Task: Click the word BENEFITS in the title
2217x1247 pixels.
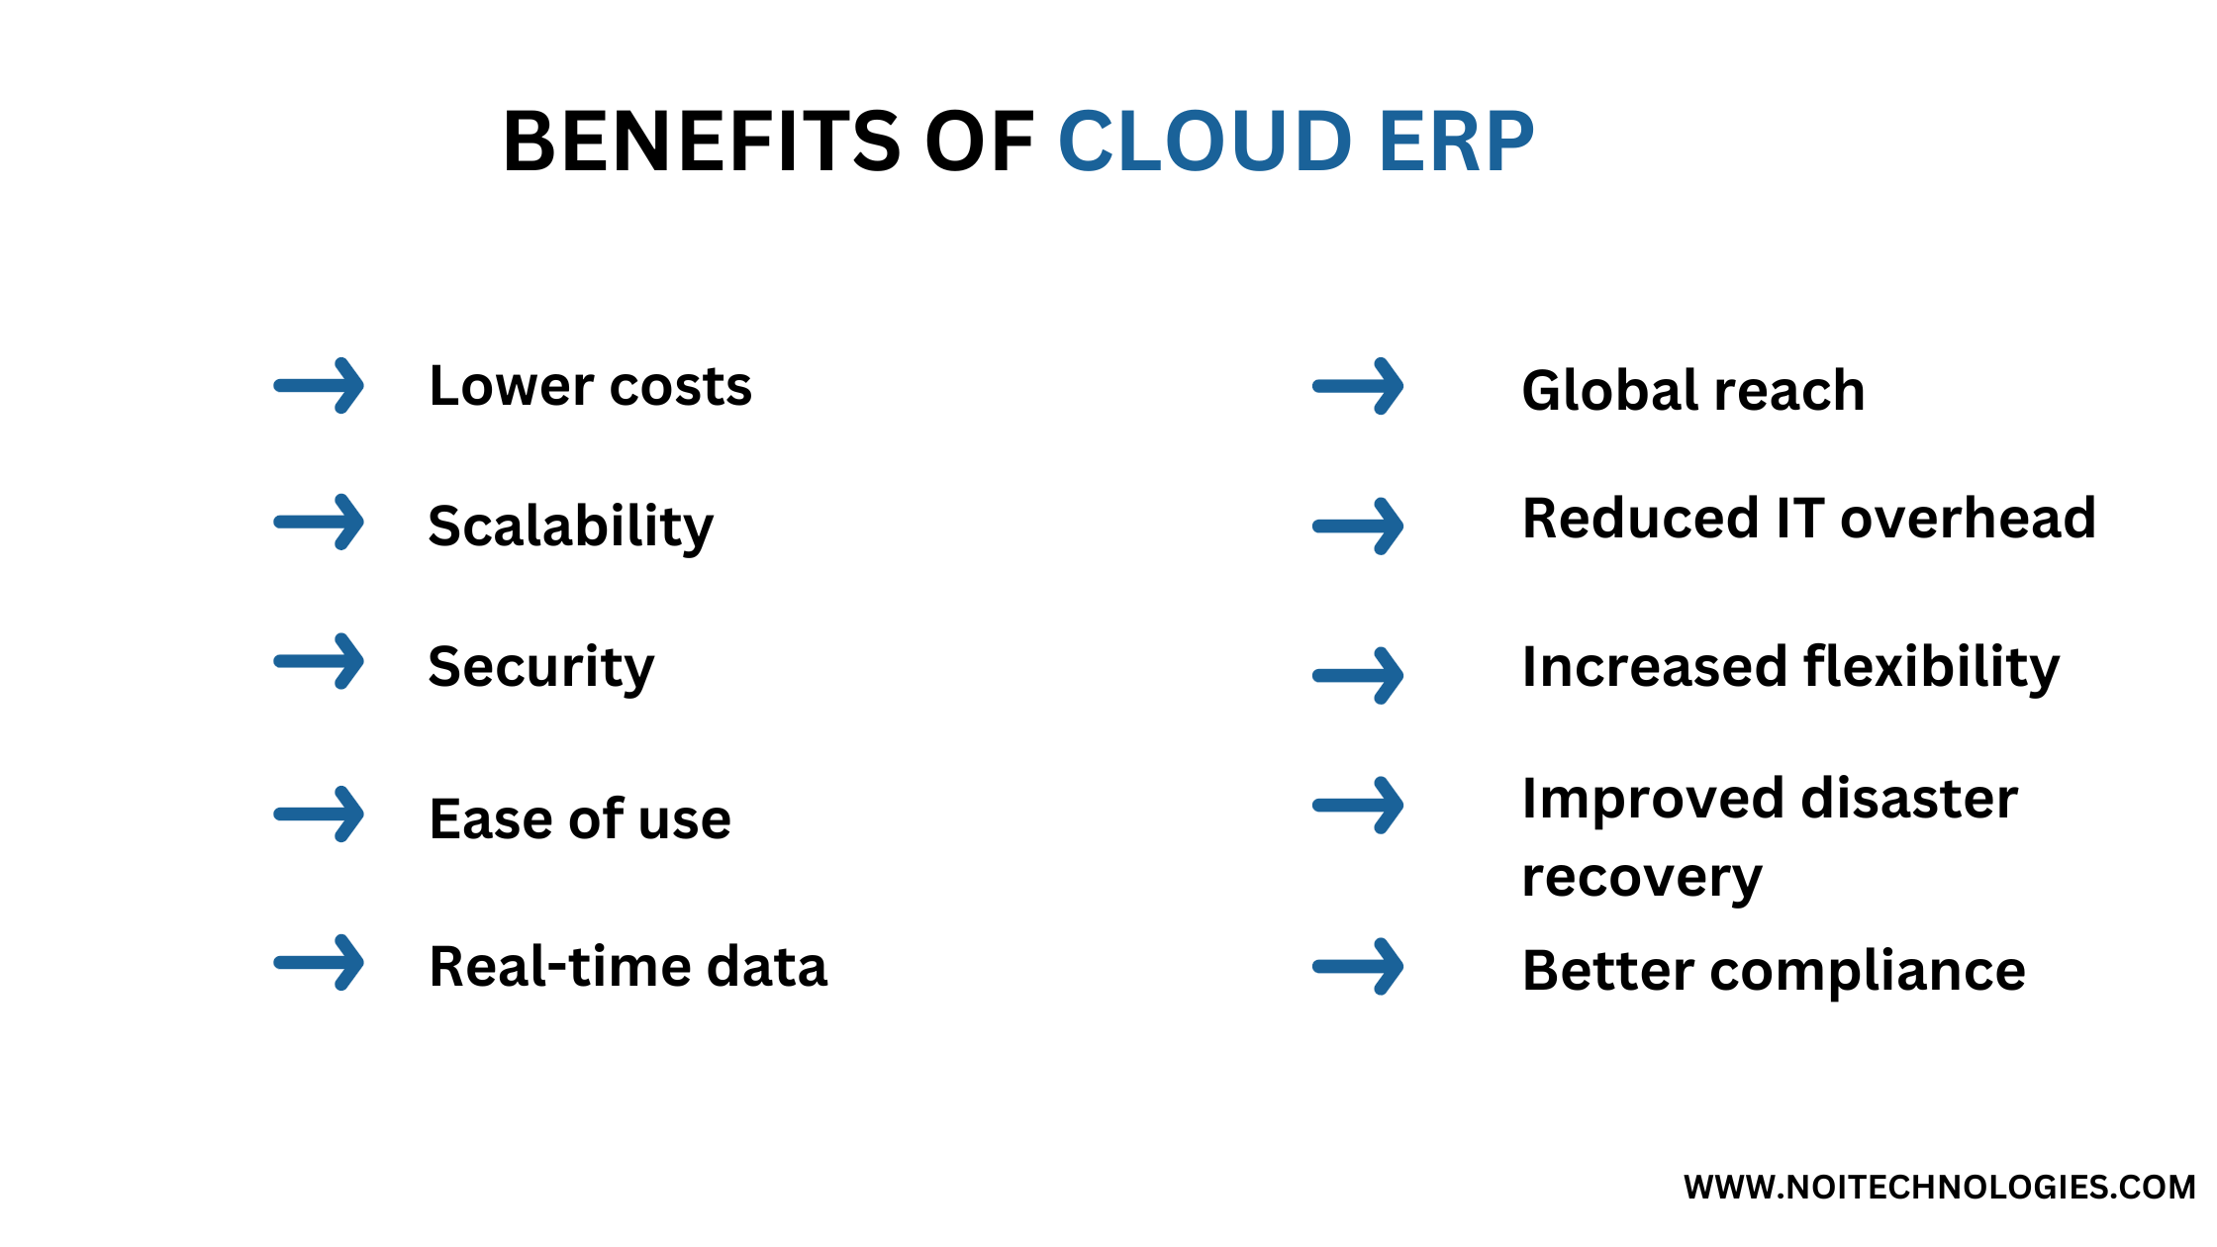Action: point(702,142)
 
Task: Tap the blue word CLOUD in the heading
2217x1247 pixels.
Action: point(1205,142)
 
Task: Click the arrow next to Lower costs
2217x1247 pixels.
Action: point(320,386)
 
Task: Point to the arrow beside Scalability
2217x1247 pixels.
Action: point(320,522)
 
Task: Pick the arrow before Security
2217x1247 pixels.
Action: point(320,661)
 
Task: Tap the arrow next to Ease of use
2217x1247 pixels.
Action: point(320,815)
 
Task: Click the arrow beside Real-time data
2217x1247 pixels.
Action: point(320,962)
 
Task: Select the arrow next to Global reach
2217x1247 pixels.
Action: point(1359,386)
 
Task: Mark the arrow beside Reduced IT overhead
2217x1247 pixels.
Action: point(1359,526)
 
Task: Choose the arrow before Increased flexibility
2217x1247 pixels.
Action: point(1359,676)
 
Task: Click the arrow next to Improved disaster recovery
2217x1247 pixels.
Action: point(1359,806)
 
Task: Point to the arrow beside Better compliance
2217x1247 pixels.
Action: point(1359,966)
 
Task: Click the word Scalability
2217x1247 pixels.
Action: point(570,526)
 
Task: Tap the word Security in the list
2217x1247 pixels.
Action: point(540,667)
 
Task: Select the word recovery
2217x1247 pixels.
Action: point(1642,878)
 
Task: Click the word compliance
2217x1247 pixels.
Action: point(1868,971)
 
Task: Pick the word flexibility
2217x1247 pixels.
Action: point(1931,667)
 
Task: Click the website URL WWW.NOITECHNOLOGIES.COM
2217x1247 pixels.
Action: point(1939,1187)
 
